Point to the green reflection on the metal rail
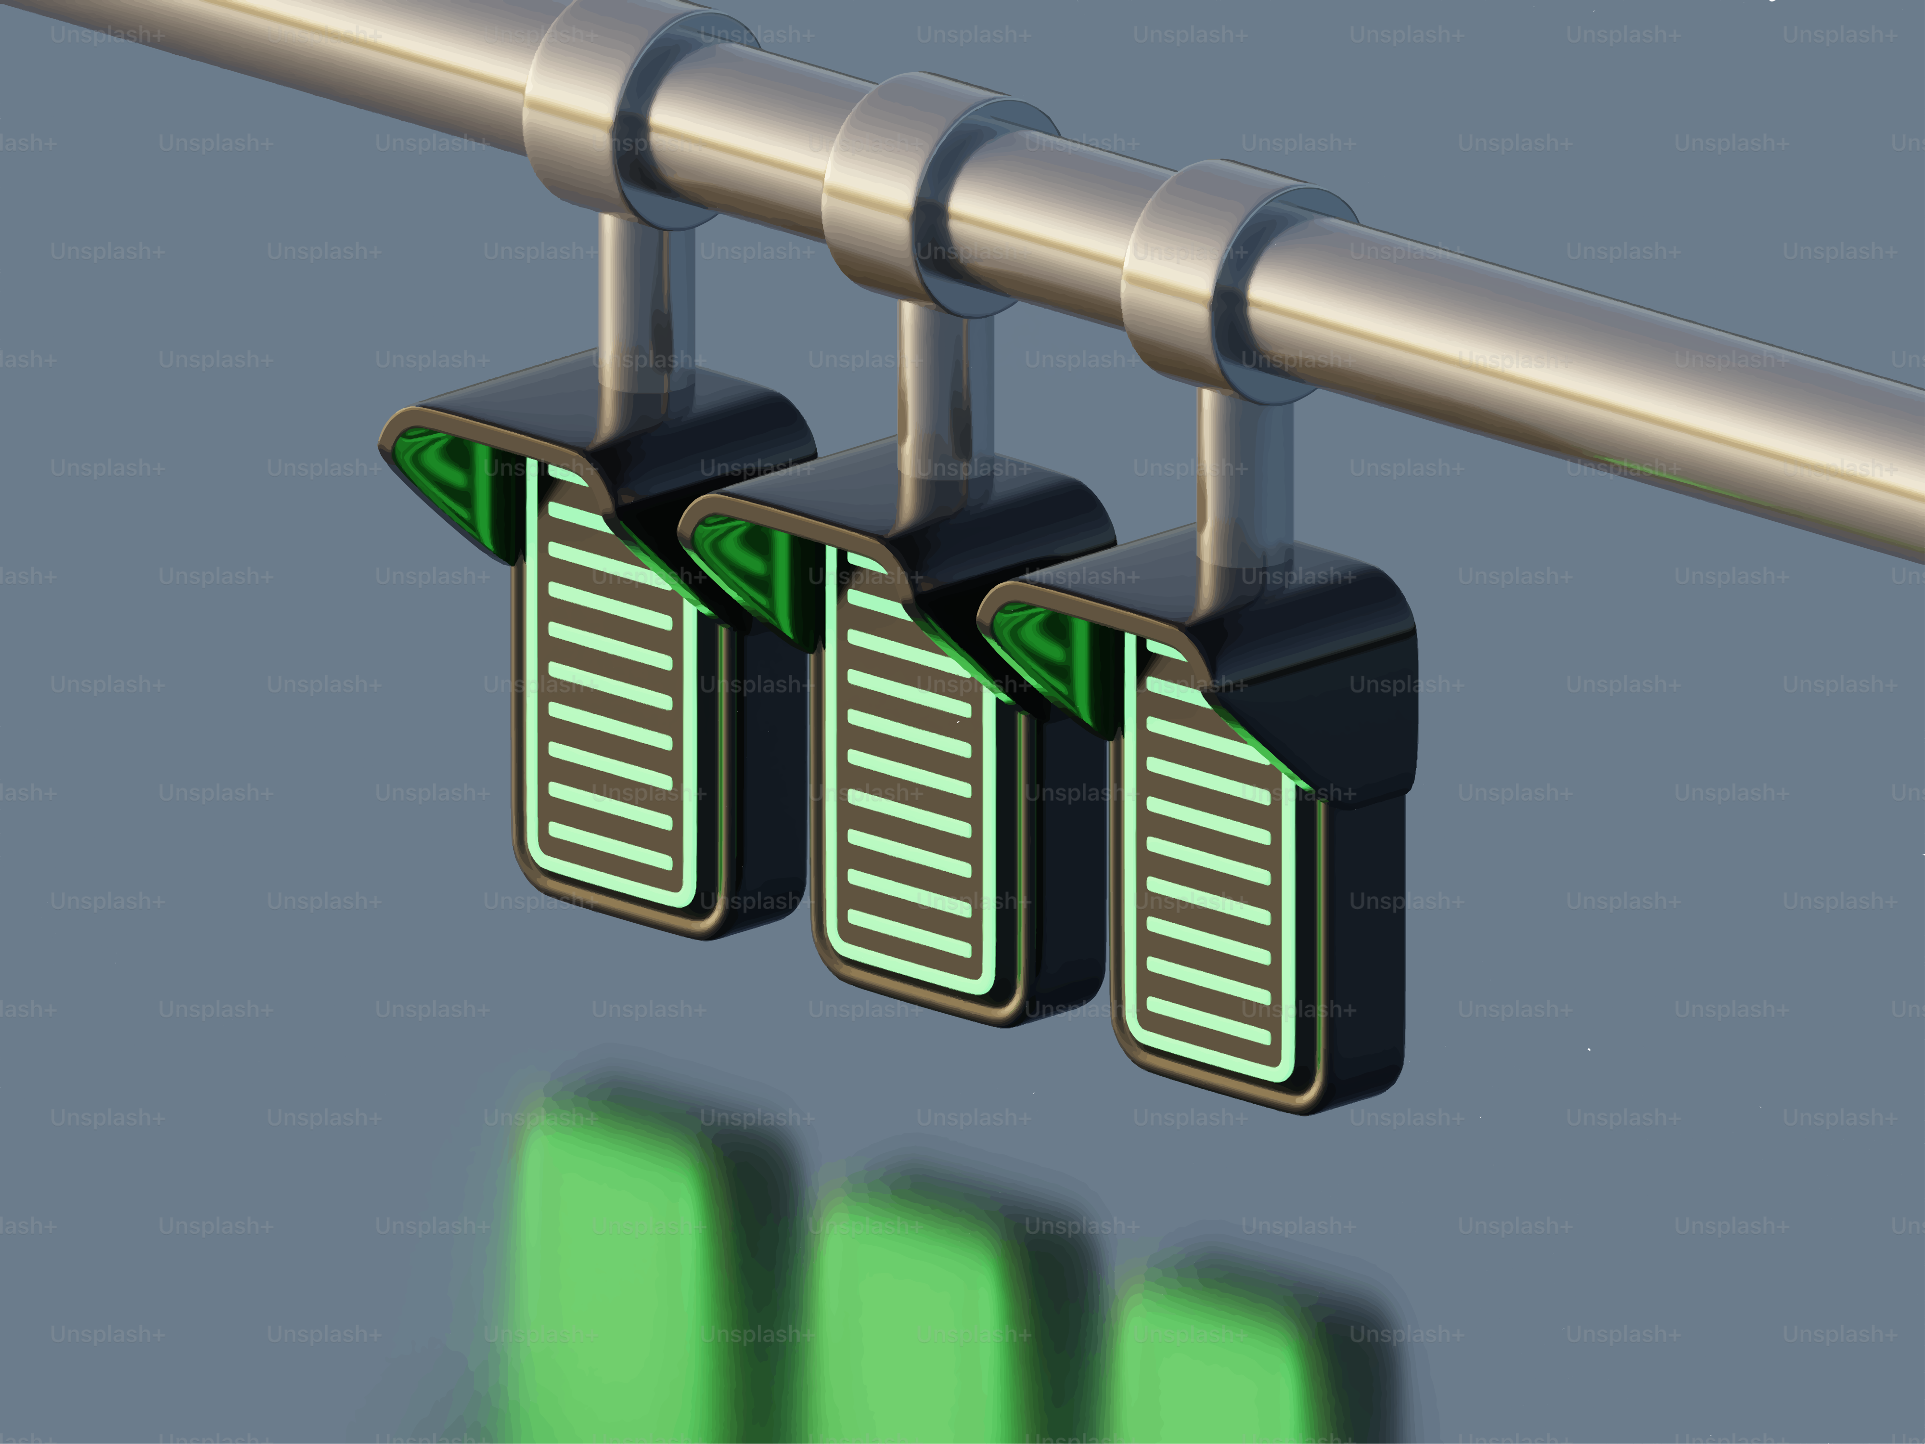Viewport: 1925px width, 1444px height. (1654, 475)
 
